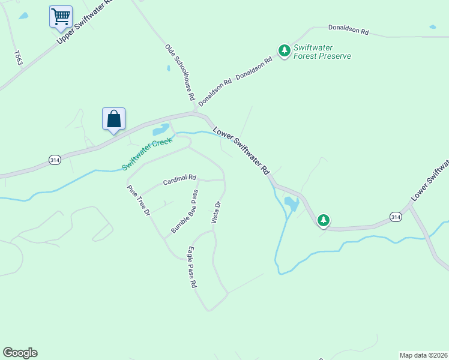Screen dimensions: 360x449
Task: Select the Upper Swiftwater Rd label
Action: point(85,22)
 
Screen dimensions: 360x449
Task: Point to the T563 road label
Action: point(17,58)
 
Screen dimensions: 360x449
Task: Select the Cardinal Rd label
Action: point(179,178)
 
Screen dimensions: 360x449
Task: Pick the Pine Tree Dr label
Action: point(137,200)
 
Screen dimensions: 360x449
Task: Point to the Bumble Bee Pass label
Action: point(184,212)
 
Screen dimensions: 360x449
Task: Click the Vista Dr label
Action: point(217,212)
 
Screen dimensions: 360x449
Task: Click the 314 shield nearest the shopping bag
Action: point(55,160)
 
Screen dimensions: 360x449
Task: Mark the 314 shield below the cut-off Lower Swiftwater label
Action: point(395,216)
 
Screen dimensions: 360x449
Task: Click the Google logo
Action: point(20,353)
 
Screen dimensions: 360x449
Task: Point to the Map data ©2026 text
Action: point(423,355)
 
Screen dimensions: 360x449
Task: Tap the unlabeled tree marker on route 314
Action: point(324,221)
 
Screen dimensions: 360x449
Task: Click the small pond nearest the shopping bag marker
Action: point(160,130)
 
